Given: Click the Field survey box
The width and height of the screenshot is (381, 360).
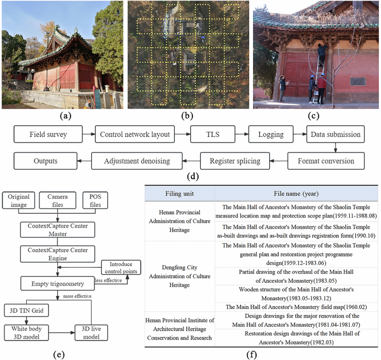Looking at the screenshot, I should tap(48, 135).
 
